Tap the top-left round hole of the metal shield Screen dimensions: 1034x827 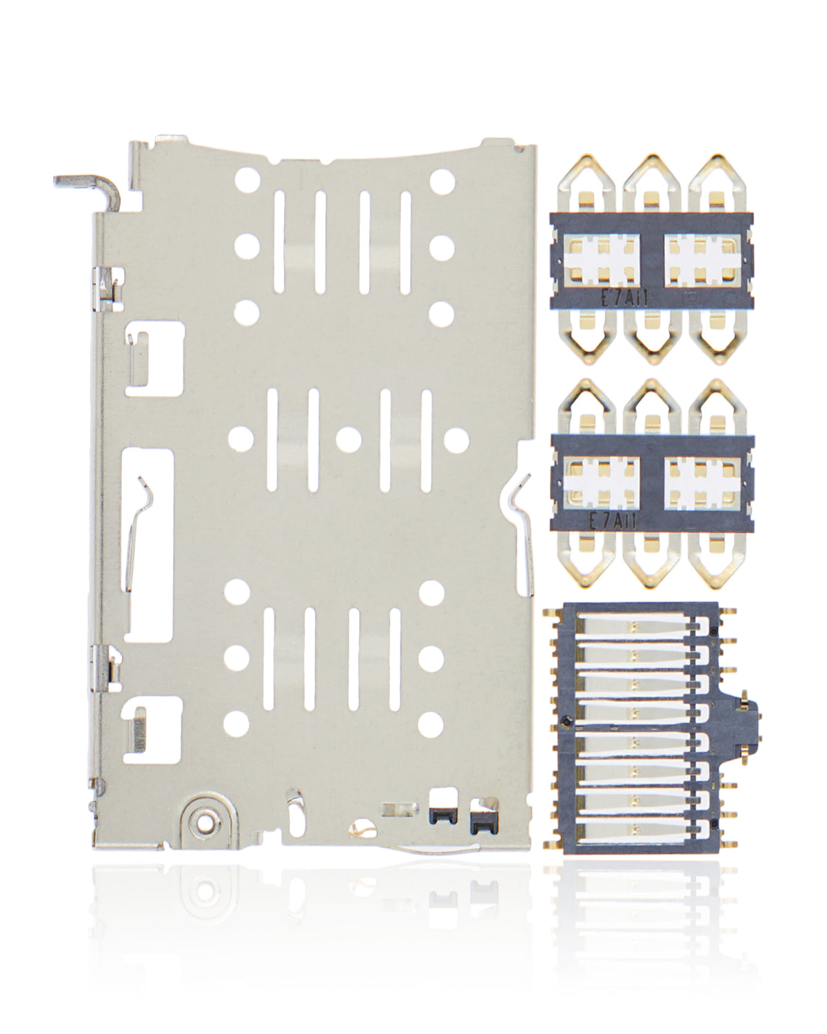tap(246, 181)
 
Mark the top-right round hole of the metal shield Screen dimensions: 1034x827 tap(440, 181)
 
